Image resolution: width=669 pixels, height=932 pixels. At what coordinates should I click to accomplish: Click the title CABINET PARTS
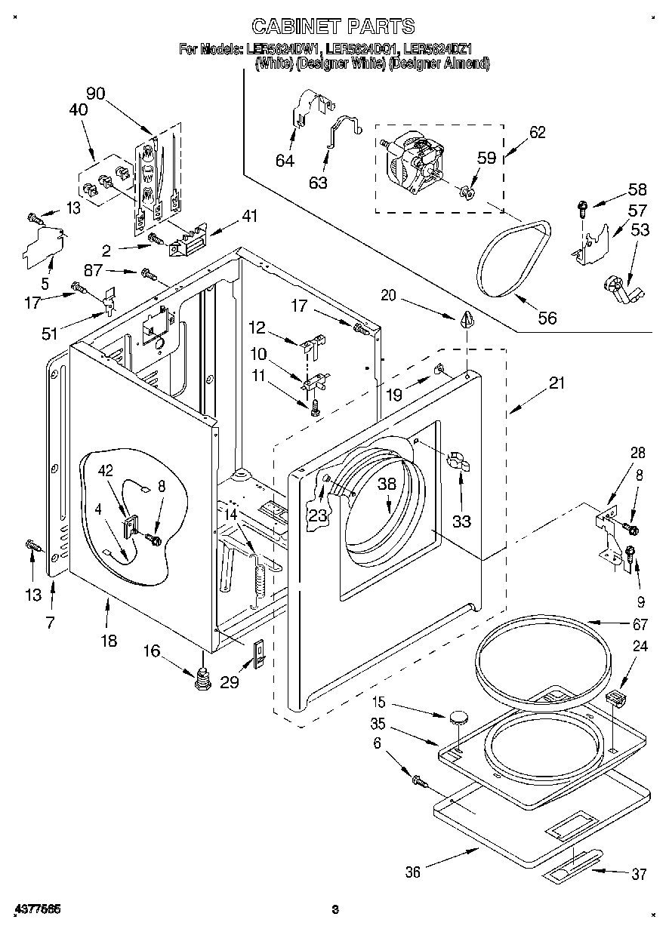(333, 26)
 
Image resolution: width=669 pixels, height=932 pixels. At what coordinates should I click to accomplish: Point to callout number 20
(388, 296)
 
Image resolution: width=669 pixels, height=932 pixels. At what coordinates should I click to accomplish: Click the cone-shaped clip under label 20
(465, 319)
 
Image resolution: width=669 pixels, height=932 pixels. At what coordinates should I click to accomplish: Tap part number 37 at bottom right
(640, 874)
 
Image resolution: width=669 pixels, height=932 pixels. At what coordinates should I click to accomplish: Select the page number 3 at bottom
(335, 910)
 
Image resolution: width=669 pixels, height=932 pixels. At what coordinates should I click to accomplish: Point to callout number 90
(95, 94)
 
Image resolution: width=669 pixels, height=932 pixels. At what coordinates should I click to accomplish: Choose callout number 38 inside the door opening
(387, 485)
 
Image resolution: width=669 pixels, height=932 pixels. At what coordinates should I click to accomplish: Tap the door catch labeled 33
(457, 462)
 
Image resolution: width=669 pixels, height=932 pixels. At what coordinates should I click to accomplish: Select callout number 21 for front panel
(556, 383)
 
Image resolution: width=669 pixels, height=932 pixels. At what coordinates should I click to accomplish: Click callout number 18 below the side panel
(109, 641)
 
